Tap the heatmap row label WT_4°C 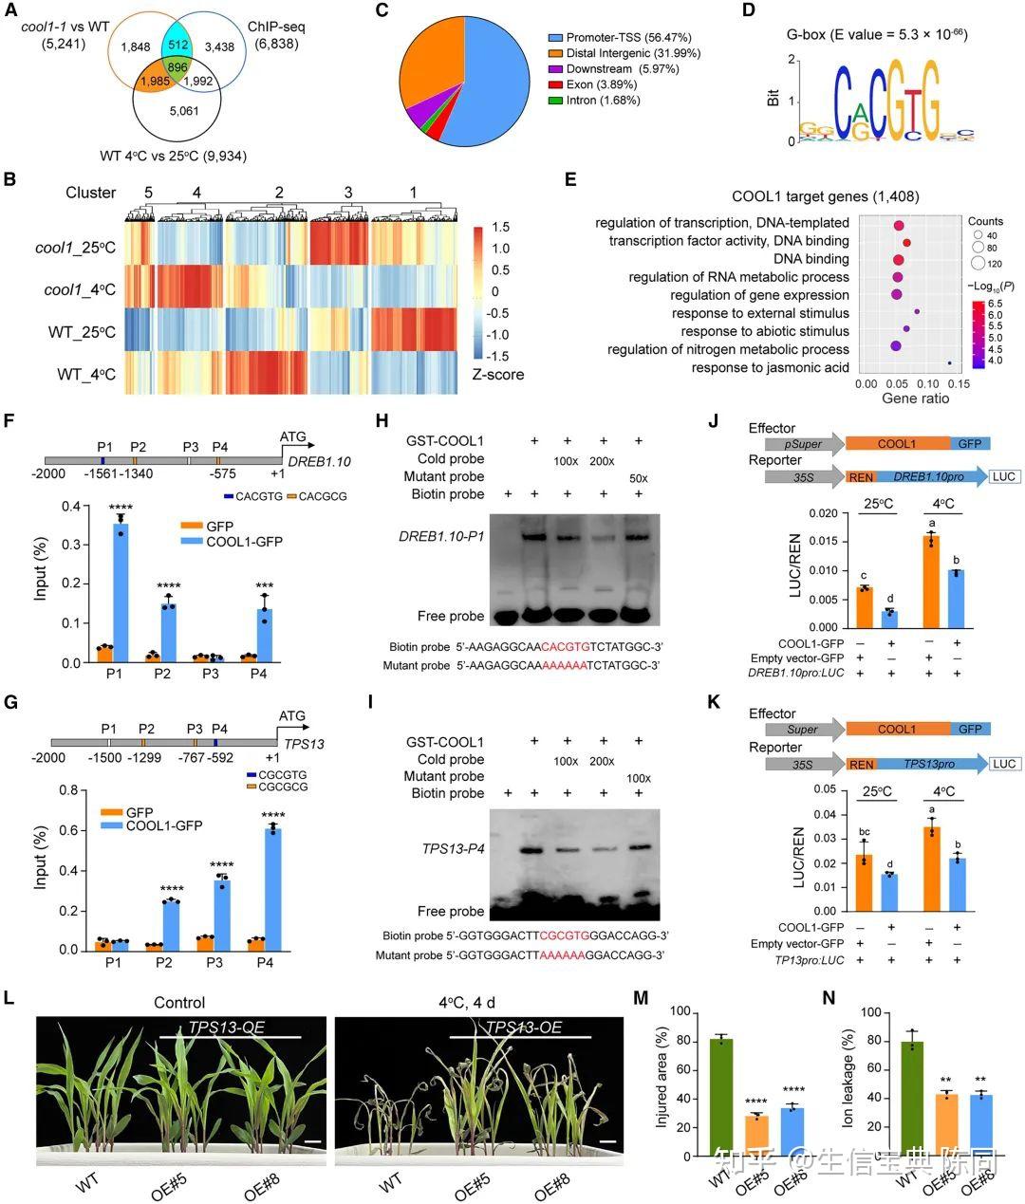86,374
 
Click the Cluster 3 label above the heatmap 348,193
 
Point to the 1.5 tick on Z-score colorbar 500,228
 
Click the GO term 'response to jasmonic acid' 770,367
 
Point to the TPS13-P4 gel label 453,847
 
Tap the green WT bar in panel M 720,1098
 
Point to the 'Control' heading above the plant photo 179,1003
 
